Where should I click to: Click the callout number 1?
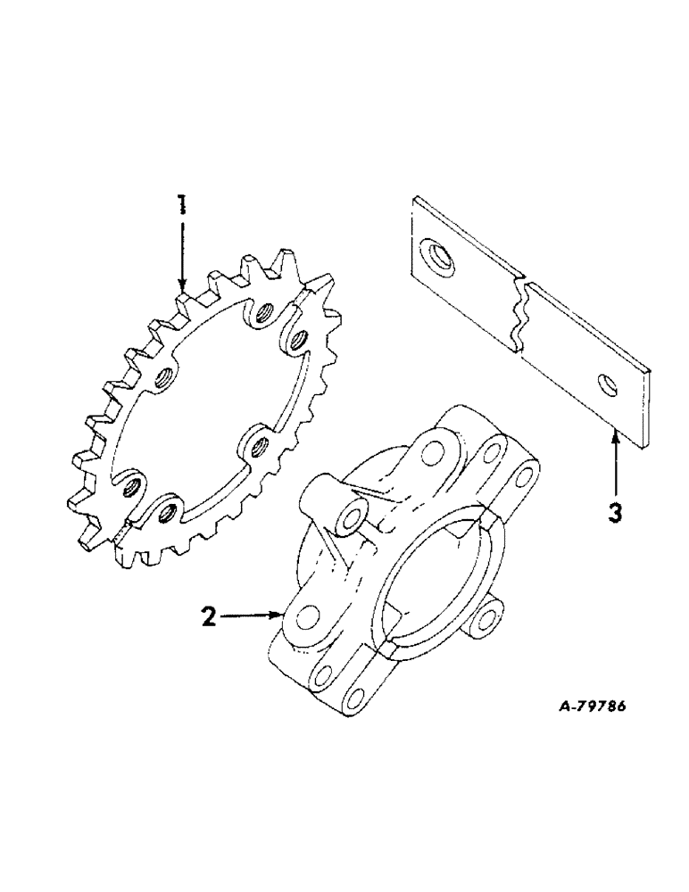[x=181, y=206]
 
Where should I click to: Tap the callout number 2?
[x=208, y=617]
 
